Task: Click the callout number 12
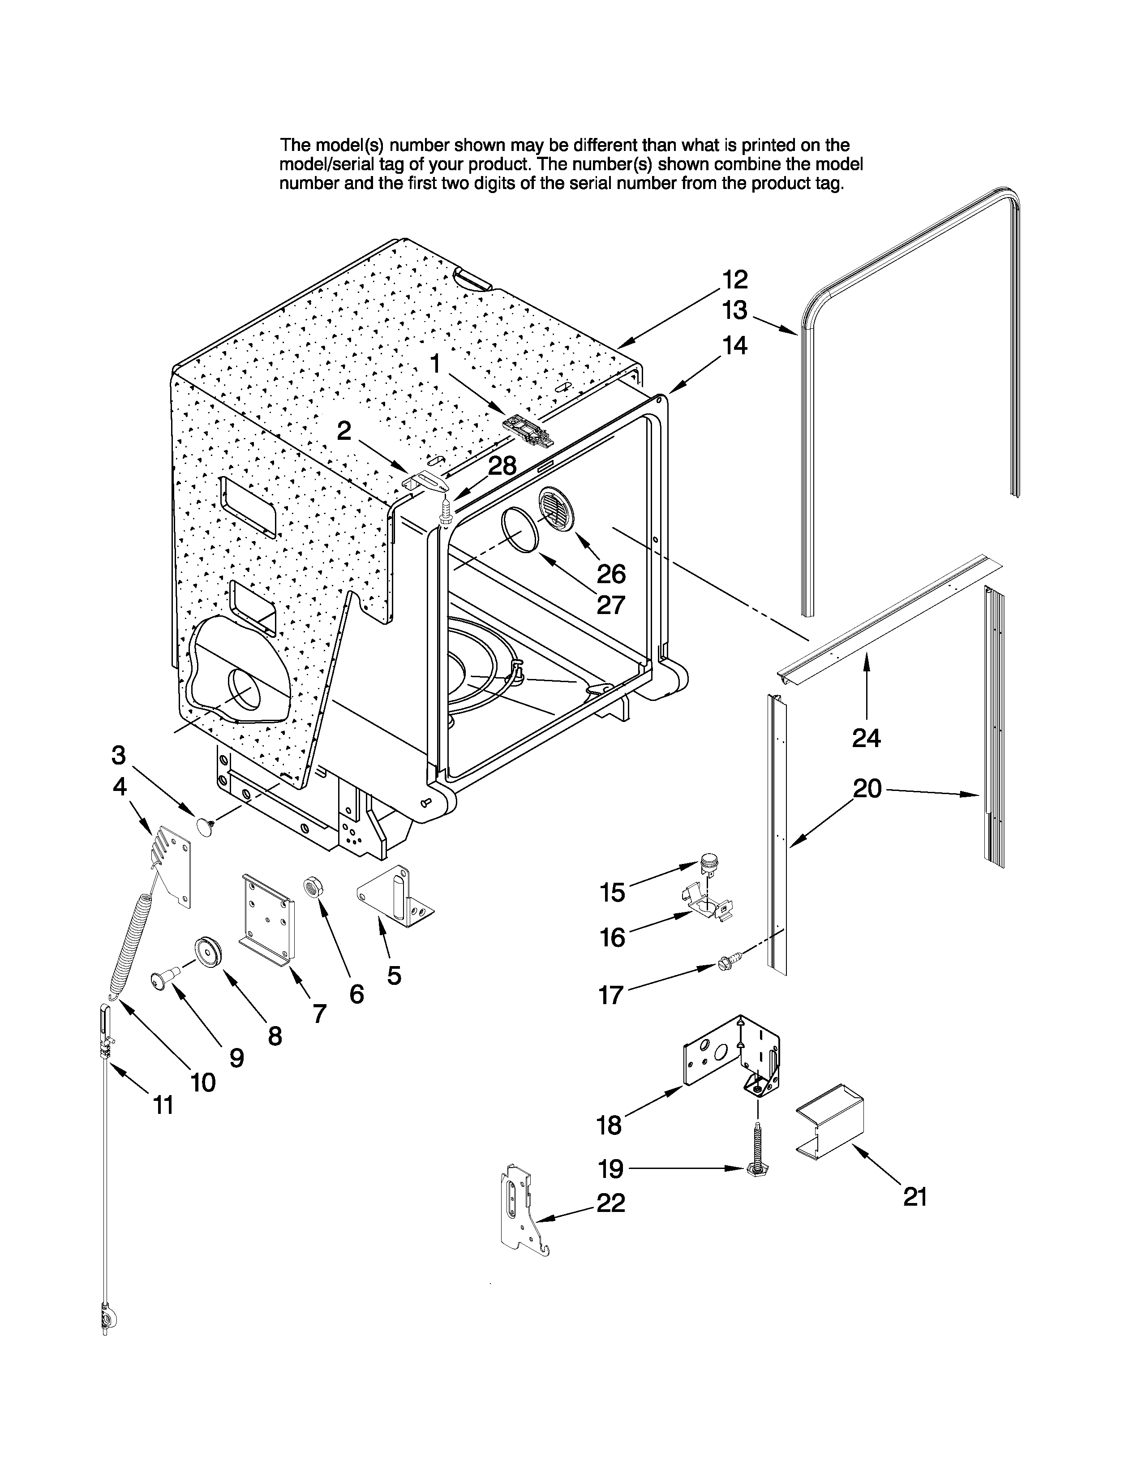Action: click(x=735, y=279)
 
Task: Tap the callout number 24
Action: click(x=866, y=738)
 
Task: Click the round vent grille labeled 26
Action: click(x=555, y=510)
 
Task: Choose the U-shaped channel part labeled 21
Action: click(x=829, y=1120)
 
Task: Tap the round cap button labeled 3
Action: click(x=204, y=825)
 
